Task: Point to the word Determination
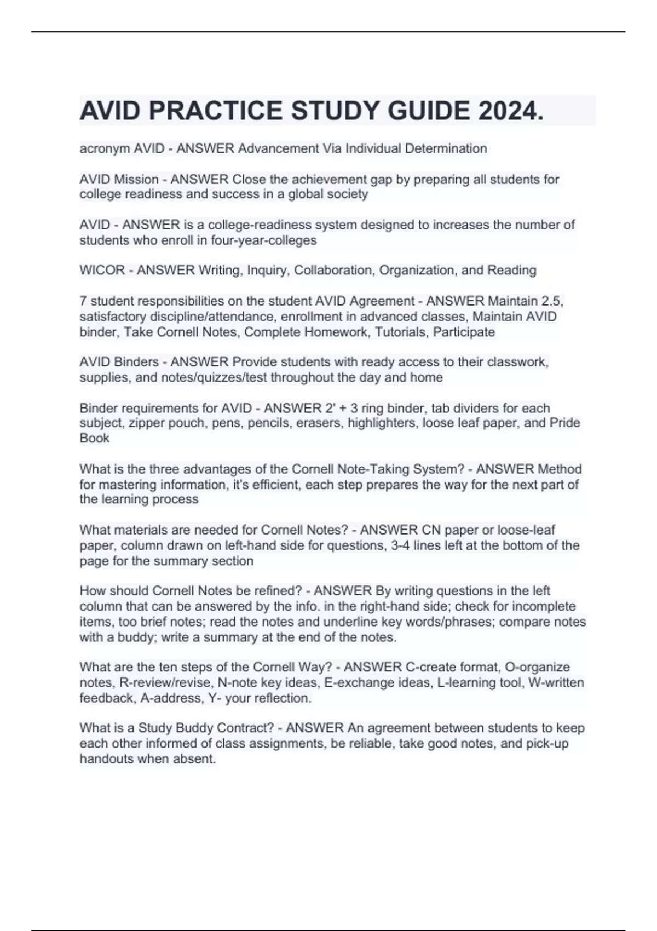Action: [446, 148]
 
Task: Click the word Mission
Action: [136, 179]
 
